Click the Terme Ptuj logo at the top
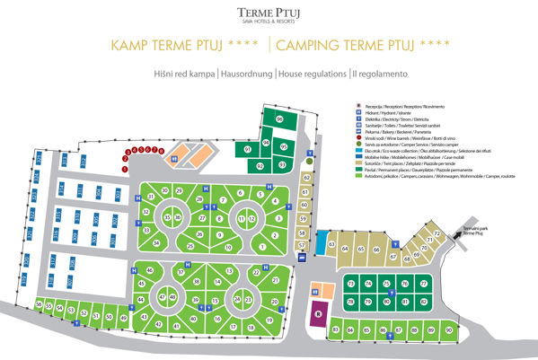pyautogui.click(x=269, y=13)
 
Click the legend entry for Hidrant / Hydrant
pyautogui.click(x=378, y=112)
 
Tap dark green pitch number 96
pyautogui.click(x=279, y=119)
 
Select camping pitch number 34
pyautogui.click(x=157, y=242)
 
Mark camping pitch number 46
pyautogui.click(x=140, y=270)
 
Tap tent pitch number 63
pyautogui.click(x=331, y=243)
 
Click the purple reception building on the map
pyautogui.click(x=317, y=314)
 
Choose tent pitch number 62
pyautogui.click(x=306, y=178)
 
